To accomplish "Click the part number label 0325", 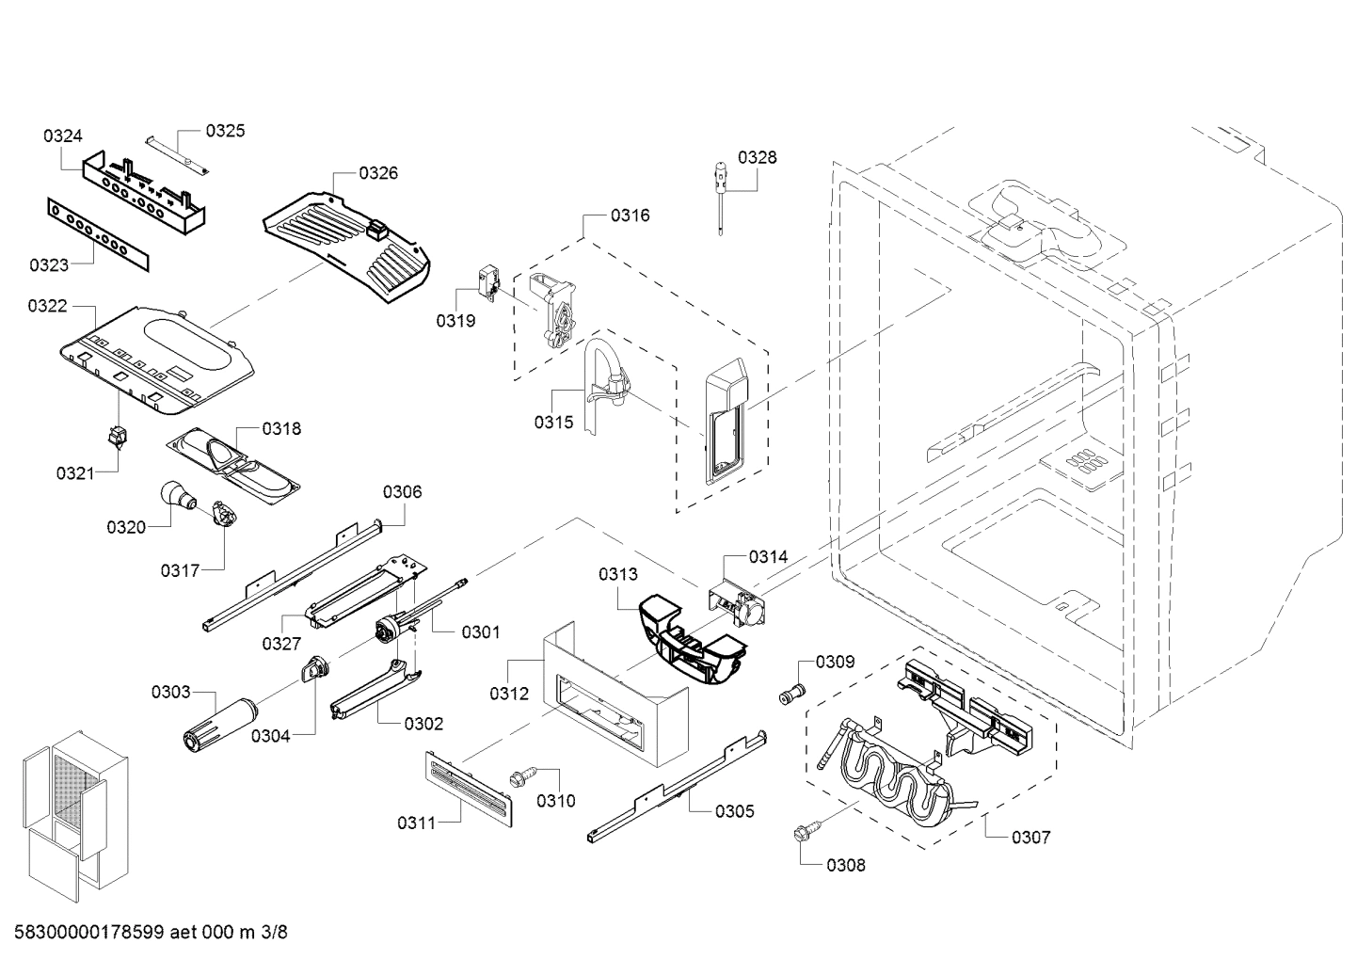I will pyautogui.click(x=225, y=131).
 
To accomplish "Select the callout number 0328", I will pyautogui.click(x=757, y=157).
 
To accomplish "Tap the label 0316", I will pyautogui.click(x=630, y=216).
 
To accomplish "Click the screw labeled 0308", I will pyautogui.click(x=806, y=832).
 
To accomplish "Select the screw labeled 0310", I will pyautogui.click(x=519, y=777).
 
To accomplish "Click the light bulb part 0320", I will pyautogui.click(x=174, y=494).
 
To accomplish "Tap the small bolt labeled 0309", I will pyautogui.click(x=790, y=695).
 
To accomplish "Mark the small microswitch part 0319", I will pyautogui.click(x=487, y=280).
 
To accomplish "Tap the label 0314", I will pyautogui.click(x=768, y=556).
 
